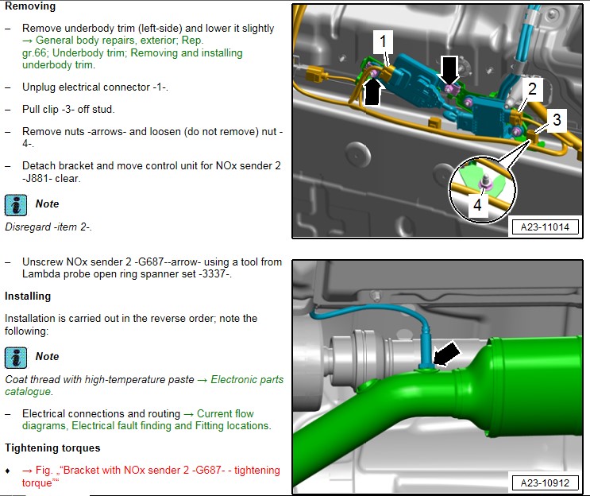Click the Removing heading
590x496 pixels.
pos(30,6)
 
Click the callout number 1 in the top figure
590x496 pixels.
pos(383,41)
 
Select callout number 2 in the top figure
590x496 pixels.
pos(532,89)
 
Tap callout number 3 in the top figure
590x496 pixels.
pos(557,120)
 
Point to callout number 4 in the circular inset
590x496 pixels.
pos(477,205)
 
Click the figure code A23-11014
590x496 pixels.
pos(545,227)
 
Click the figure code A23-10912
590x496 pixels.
pos(545,482)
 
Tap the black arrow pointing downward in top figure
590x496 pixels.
pos(449,71)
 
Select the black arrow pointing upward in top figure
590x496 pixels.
pos(372,93)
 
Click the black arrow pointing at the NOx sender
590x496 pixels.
pos(446,355)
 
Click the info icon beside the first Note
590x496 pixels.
pos(16,205)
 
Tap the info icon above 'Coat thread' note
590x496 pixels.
pos(16,358)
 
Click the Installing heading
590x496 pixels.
pos(28,296)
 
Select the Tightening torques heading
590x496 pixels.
pos(52,448)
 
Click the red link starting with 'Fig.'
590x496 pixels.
pos(151,476)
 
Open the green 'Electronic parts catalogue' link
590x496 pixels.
pos(144,386)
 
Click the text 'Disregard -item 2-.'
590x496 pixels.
pos(48,227)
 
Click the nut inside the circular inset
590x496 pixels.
pos(484,183)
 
